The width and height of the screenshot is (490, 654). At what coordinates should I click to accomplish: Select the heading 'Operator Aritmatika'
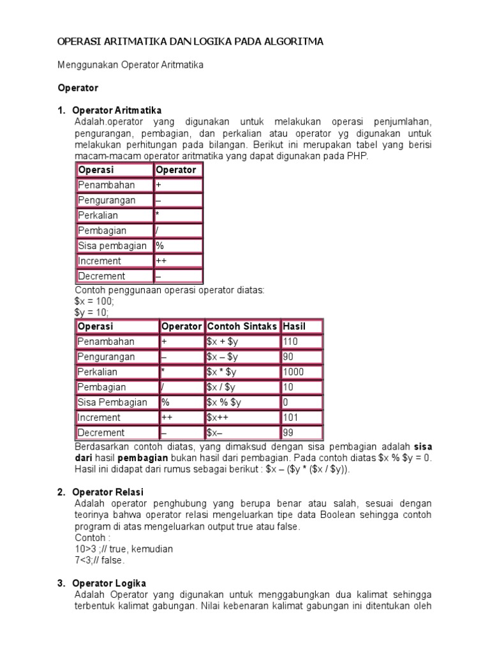[x=117, y=110]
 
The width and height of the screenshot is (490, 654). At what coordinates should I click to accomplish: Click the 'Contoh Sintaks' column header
[x=242, y=326]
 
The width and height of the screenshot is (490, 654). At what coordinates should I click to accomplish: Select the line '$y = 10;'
[x=92, y=312]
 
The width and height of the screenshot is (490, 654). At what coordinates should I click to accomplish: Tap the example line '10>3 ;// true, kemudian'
[x=123, y=549]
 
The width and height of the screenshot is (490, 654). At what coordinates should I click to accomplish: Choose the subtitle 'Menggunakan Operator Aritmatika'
[x=130, y=65]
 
